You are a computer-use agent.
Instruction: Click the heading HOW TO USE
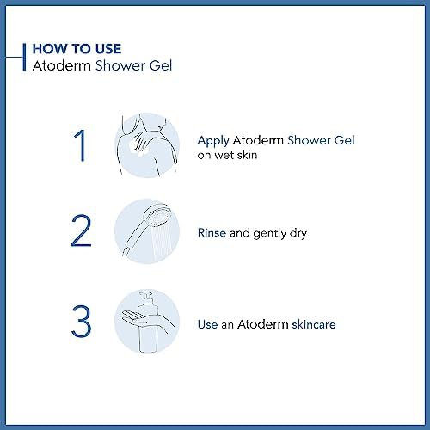[x=77, y=48]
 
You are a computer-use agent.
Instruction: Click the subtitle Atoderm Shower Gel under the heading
[x=102, y=65]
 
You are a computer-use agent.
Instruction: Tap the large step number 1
[x=80, y=145]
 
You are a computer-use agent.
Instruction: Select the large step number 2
[x=81, y=230]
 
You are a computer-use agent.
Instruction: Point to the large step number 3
[x=81, y=321]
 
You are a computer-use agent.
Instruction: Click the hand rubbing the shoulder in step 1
[x=144, y=140]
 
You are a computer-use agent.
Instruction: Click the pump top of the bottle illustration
[x=146, y=298]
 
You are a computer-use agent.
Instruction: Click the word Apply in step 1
[x=213, y=141]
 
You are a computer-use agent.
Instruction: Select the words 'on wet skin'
[x=227, y=155]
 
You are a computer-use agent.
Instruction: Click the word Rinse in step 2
[x=212, y=233]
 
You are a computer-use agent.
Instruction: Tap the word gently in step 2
[x=270, y=234]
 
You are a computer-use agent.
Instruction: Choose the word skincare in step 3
[x=314, y=324]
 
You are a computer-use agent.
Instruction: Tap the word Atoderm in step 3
[x=263, y=324]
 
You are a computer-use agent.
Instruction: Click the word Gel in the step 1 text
[x=345, y=140]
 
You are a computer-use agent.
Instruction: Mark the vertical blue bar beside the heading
[x=24, y=57]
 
